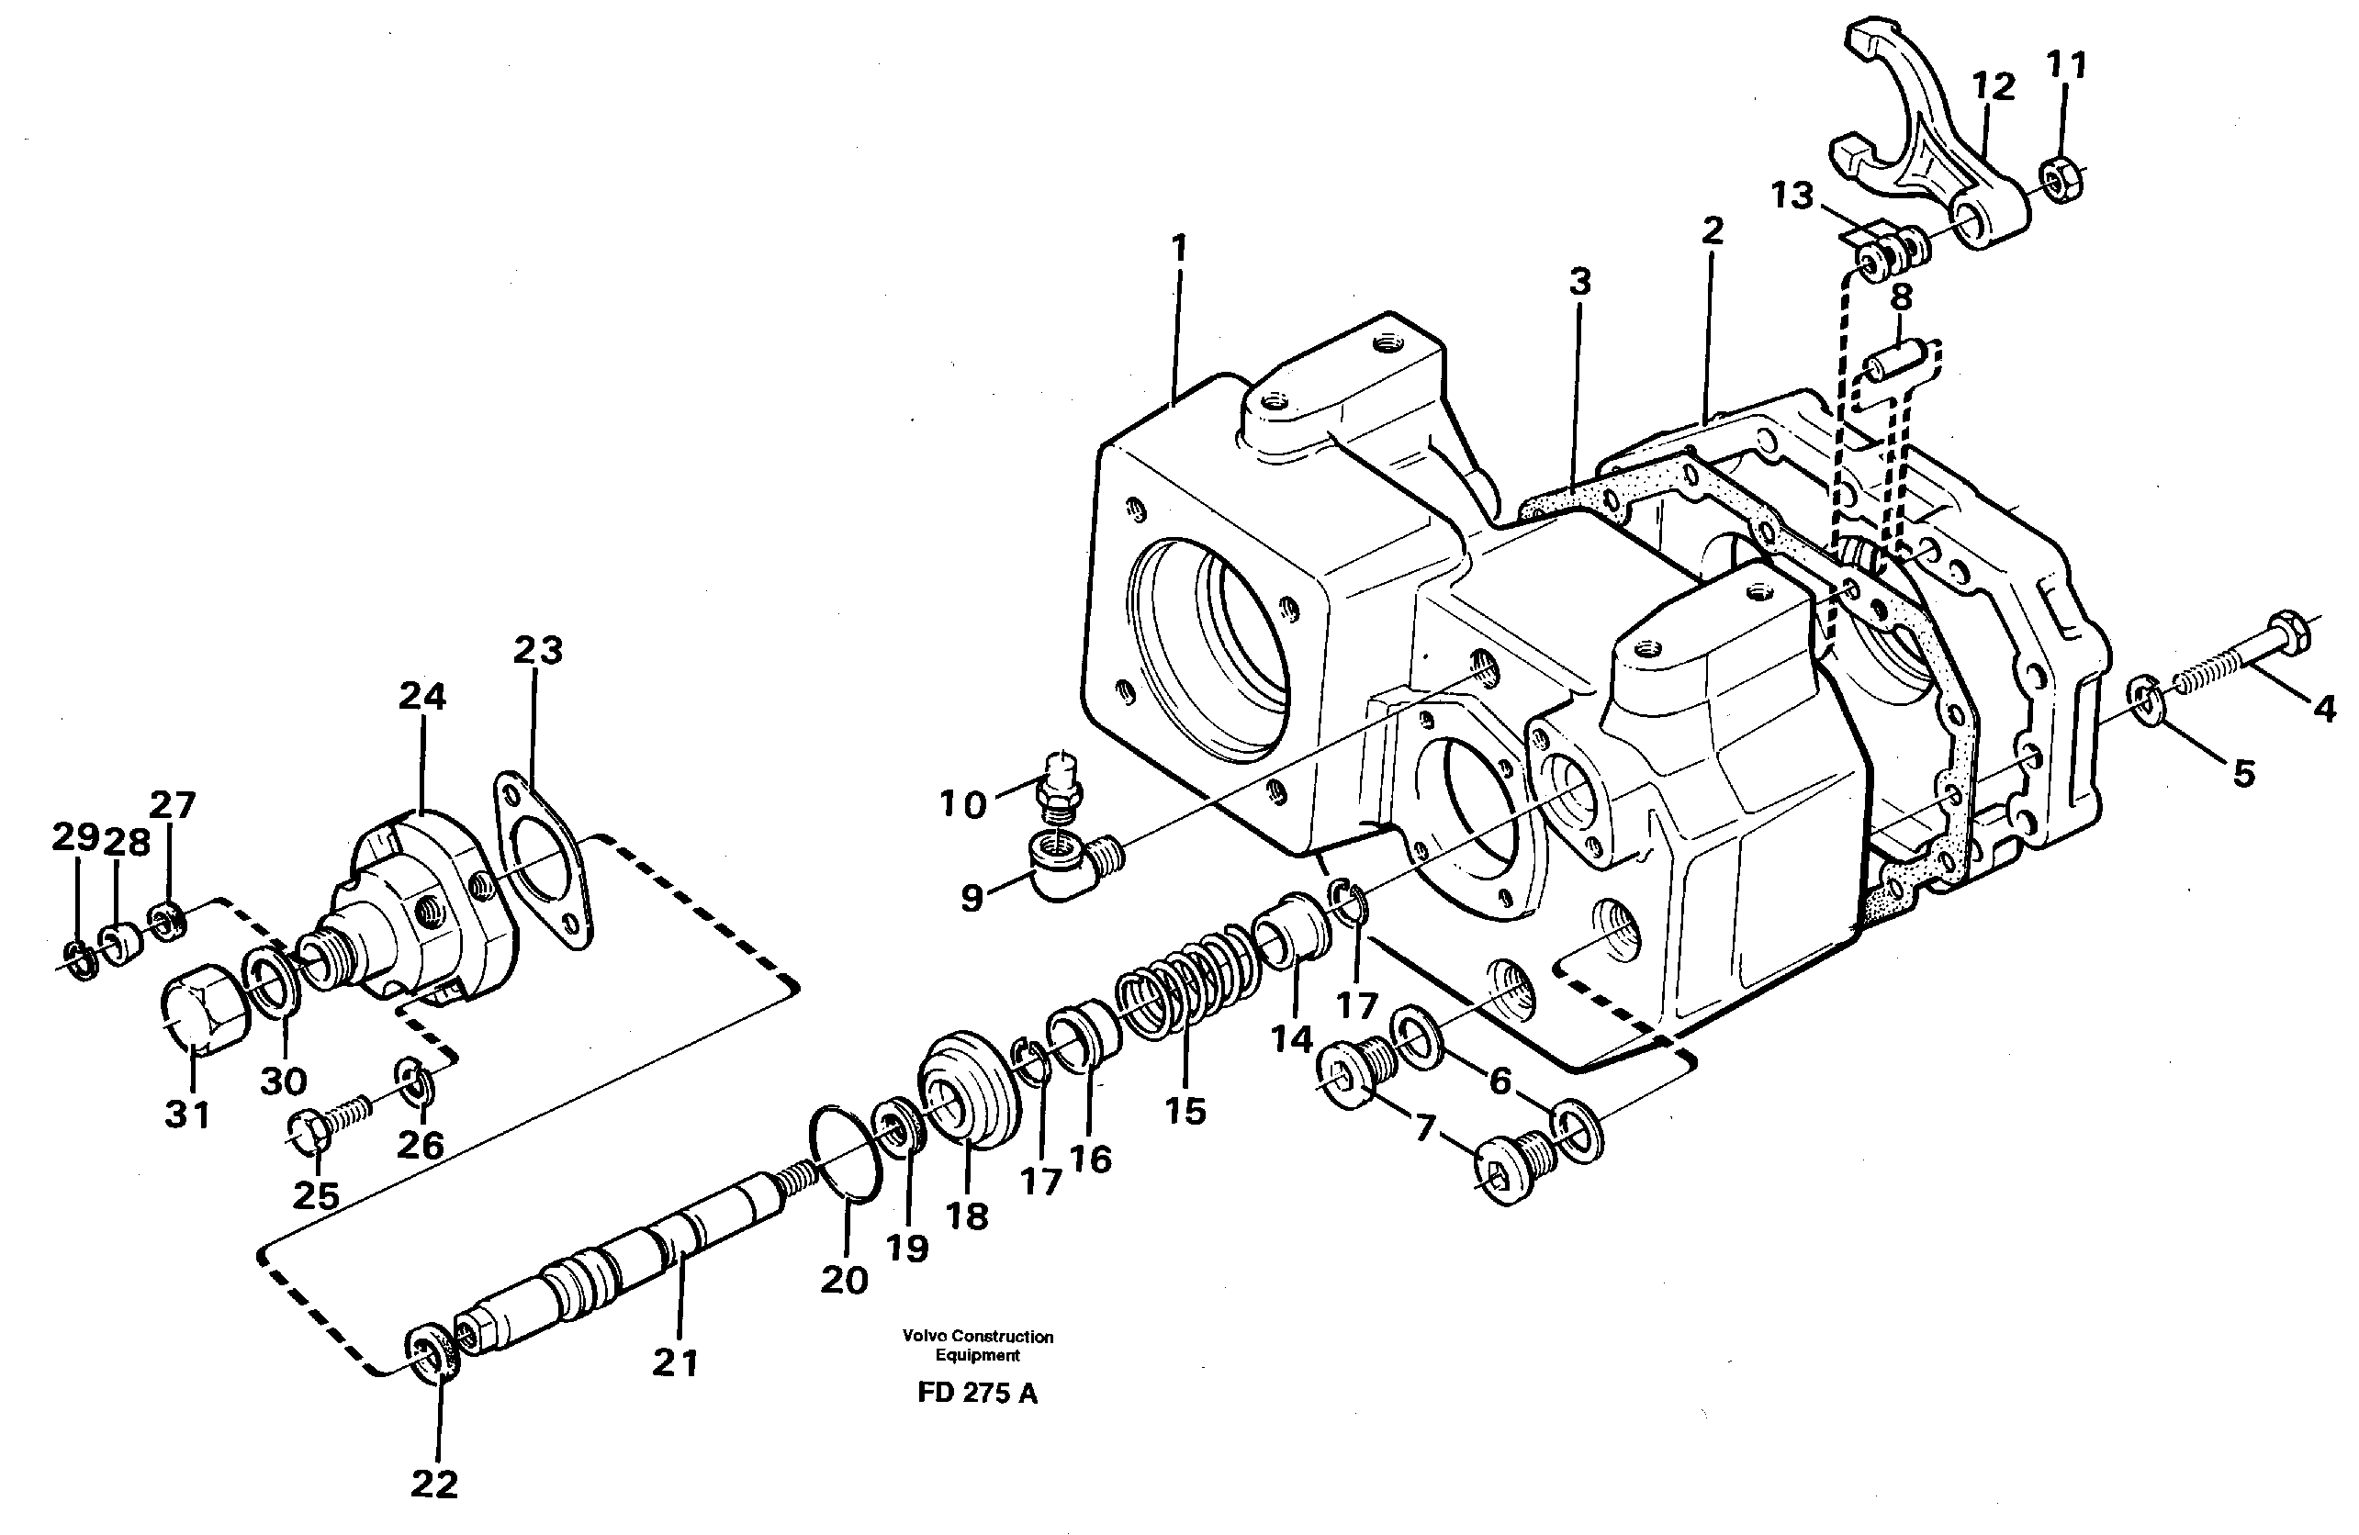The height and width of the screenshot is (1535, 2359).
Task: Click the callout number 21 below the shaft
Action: pyautogui.click(x=676, y=1363)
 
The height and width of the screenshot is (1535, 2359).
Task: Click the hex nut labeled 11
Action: pyautogui.click(x=2061, y=178)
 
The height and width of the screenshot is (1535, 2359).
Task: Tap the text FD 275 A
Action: pyautogui.click(x=977, y=1393)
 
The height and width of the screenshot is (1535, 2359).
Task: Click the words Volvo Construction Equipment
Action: pyautogui.click(x=977, y=1345)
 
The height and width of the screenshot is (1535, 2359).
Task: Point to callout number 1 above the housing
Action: pyautogui.click(x=1177, y=248)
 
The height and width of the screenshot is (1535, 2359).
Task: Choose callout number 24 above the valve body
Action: pyautogui.click(x=422, y=697)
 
